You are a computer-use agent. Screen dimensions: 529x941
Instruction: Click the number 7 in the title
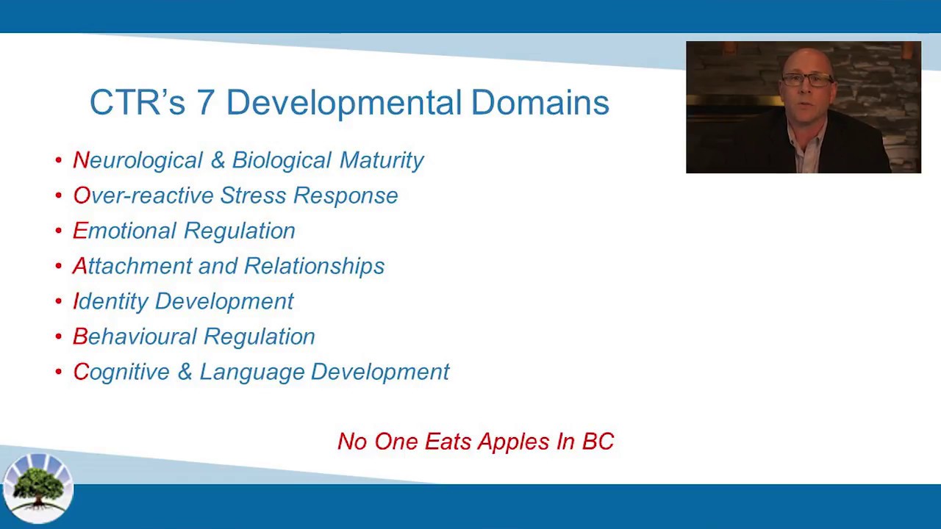205,103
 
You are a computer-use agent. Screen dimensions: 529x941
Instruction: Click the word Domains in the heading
540,103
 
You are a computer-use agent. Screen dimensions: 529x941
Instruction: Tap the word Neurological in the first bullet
137,161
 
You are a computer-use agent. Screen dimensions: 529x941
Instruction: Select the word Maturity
381,160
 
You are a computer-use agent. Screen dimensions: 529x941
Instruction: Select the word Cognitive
121,372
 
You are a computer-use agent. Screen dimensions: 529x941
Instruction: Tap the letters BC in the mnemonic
598,442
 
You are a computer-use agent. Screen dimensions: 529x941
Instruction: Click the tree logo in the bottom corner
37,488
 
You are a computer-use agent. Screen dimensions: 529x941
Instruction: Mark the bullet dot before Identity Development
59,301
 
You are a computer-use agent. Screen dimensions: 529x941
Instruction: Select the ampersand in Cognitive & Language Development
185,372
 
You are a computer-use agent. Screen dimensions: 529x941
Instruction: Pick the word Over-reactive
143,195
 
